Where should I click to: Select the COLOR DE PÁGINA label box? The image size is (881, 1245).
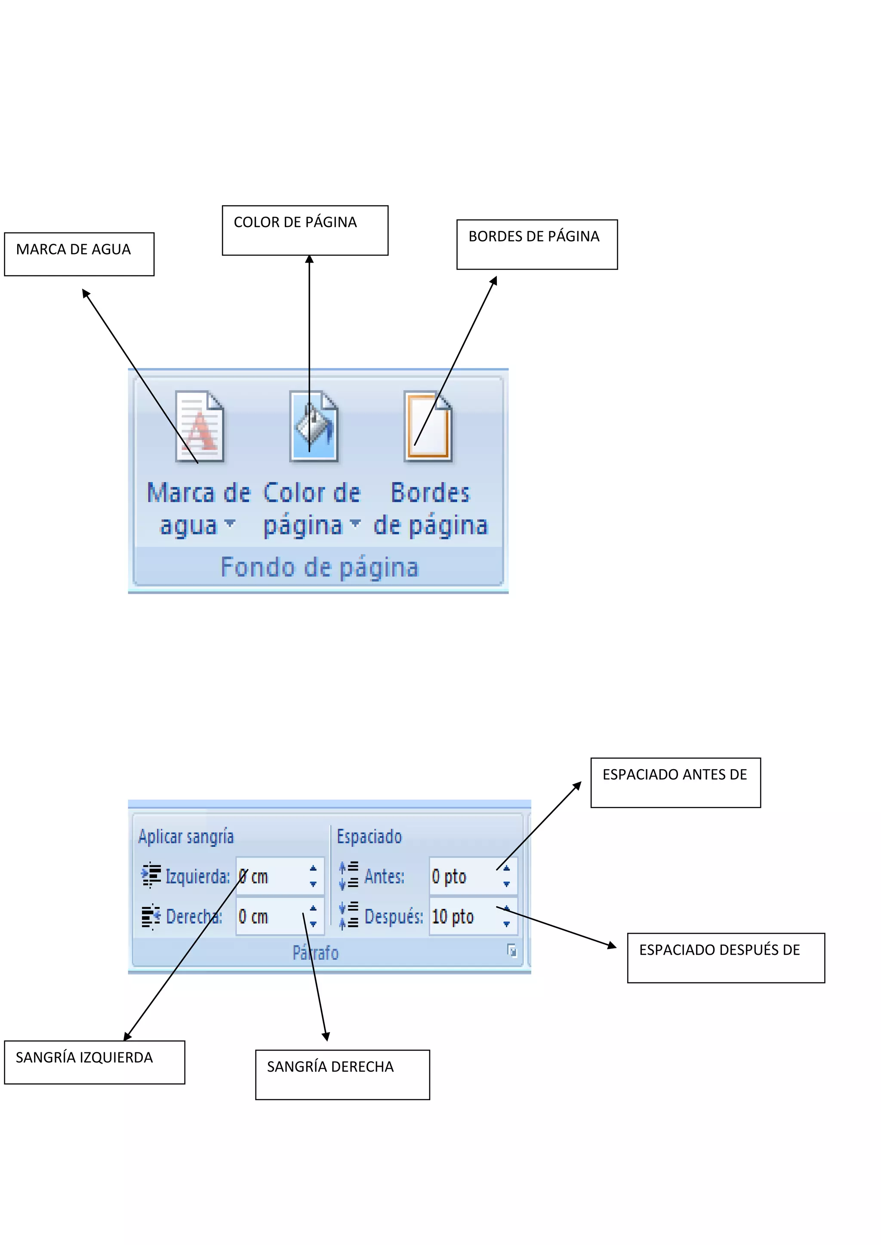coord(305,230)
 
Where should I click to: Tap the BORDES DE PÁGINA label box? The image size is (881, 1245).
coord(536,244)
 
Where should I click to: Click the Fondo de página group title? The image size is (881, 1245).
coord(320,567)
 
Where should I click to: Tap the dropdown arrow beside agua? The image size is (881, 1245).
coord(230,523)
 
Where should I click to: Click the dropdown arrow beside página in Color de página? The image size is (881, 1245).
coord(355,523)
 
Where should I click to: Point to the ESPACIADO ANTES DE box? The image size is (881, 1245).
coord(675,782)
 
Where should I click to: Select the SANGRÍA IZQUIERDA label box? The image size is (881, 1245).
coord(94,1062)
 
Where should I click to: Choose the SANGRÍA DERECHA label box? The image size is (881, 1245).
coord(342,1074)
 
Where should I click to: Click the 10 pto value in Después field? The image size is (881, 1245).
coord(453,917)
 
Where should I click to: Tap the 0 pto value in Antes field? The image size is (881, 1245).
coord(449,876)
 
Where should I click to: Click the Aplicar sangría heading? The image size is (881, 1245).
coord(186,836)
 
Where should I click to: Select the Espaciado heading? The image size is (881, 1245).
coord(370,836)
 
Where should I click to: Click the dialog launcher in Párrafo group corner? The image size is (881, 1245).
coord(511,951)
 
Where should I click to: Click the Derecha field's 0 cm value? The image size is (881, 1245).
coord(253,917)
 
